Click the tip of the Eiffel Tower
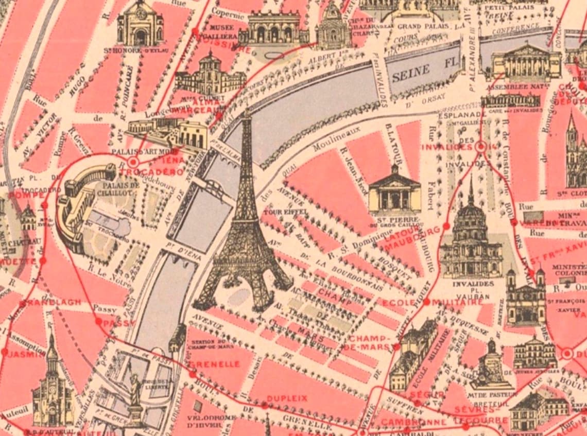247,111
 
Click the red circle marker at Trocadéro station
133,162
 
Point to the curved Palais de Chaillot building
82,206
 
